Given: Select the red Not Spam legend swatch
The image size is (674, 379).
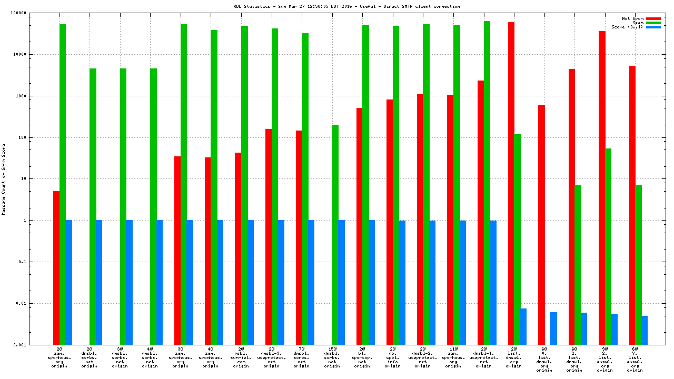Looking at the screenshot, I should tap(653, 18).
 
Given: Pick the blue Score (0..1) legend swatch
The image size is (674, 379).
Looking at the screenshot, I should tap(653, 27).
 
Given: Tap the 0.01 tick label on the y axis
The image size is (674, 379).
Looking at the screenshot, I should tap(35, 303).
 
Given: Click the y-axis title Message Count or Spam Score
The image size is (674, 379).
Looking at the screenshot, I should tap(4, 179).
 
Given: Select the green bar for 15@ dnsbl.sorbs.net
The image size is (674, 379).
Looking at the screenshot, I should tap(335, 234).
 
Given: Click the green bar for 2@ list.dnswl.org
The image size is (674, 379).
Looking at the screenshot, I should tap(517, 239).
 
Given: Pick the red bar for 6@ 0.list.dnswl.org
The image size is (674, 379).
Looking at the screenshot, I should tap(541, 224).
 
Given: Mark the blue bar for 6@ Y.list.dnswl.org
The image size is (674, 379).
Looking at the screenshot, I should tap(645, 330).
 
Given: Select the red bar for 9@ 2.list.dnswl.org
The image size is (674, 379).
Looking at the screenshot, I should tap(602, 187).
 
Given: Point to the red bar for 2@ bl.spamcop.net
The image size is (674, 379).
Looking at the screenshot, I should tap(360, 226).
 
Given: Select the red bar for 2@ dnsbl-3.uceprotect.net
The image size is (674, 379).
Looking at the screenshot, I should tap(269, 236).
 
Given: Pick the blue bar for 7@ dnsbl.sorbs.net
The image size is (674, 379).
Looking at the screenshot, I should tap(311, 282).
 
